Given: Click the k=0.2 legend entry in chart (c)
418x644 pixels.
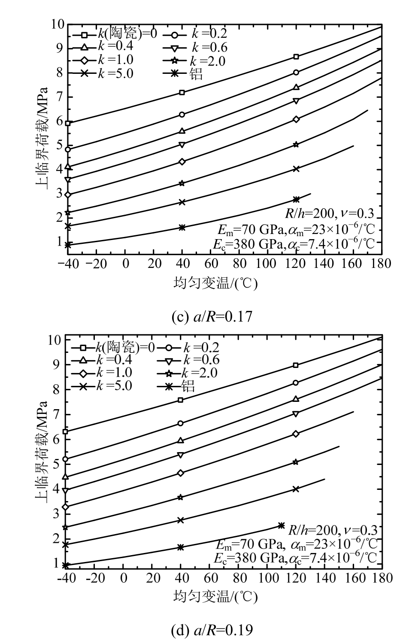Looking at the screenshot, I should pyautogui.click(x=196, y=33).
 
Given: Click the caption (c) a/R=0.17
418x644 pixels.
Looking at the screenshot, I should pyautogui.click(x=209, y=317).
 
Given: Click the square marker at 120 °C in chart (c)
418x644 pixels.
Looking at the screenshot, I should pyautogui.click(x=296, y=57).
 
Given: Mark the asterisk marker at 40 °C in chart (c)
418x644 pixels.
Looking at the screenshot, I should pyautogui.click(x=182, y=227).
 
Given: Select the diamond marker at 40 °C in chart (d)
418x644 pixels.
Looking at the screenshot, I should pyautogui.click(x=181, y=473).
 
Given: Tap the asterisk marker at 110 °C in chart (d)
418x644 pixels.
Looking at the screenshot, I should pyautogui.click(x=282, y=525).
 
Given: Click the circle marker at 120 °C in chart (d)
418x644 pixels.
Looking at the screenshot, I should pyautogui.click(x=296, y=383).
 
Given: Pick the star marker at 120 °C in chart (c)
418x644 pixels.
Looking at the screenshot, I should pyautogui.click(x=296, y=145).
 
